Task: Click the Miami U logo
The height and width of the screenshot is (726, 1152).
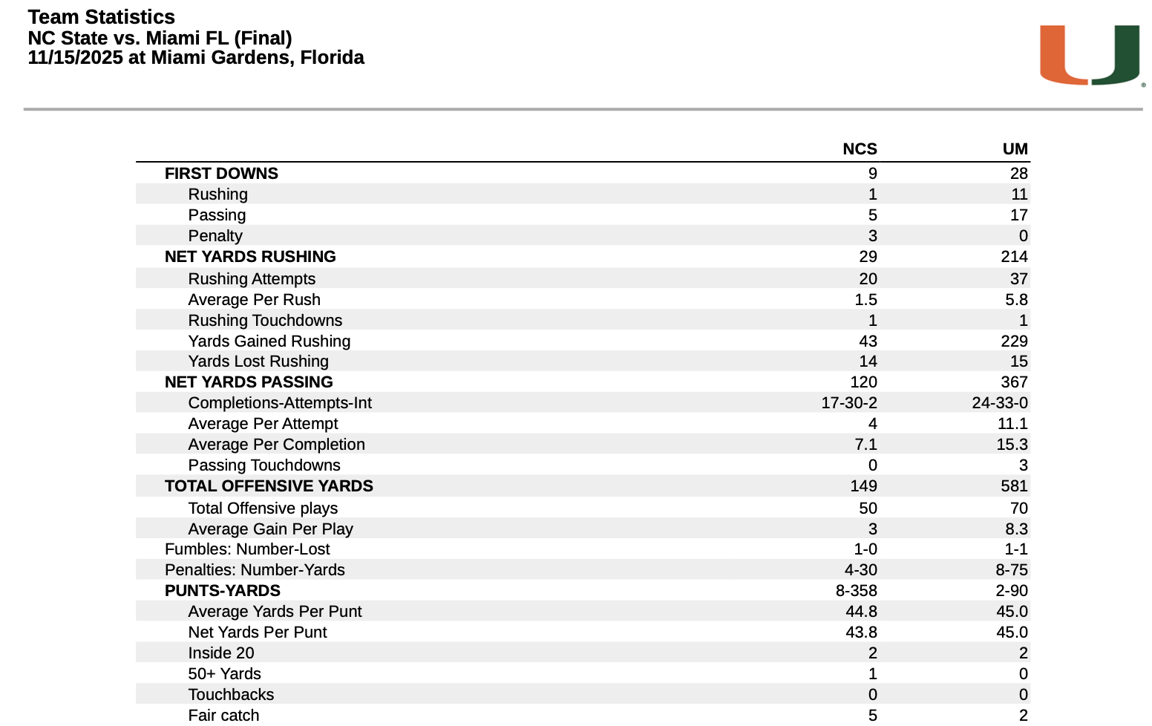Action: click(x=1089, y=55)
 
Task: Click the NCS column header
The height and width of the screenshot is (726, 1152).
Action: click(x=860, y=149)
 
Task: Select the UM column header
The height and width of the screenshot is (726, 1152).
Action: click(x=1015, y=149)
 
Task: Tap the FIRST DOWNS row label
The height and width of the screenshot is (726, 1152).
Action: click(x=221, y=174)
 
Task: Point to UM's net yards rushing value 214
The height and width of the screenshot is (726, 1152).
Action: click(x=1014, y=257)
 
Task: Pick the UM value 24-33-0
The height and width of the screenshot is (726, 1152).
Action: click(x=999, y=403)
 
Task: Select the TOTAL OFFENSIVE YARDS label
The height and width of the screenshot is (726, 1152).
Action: click(x=269, y=486)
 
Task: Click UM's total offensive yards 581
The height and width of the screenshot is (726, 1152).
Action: click(x=1014, y=486)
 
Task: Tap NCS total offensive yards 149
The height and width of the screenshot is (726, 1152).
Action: click(x=863, y=486)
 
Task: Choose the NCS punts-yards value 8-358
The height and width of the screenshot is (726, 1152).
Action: click(x=856, y=591)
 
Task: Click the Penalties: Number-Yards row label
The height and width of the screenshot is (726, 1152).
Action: click(x=255, y=570)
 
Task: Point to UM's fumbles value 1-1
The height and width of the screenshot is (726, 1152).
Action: click(x=1016, y=549)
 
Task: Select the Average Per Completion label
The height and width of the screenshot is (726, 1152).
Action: click(x=276, y=445)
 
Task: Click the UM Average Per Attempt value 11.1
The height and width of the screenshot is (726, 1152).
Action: click(x=1012, y=424)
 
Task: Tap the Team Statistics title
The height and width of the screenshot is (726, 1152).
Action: click(x=101, y=17)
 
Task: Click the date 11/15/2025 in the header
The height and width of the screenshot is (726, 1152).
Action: click(x=75, y=58)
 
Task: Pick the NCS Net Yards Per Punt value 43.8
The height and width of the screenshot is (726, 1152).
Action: click(x=861, y=632)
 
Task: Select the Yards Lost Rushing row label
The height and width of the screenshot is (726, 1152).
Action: click(x=258, y=362)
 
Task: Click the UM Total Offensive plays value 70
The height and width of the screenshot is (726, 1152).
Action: click(x=1018, y=508)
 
